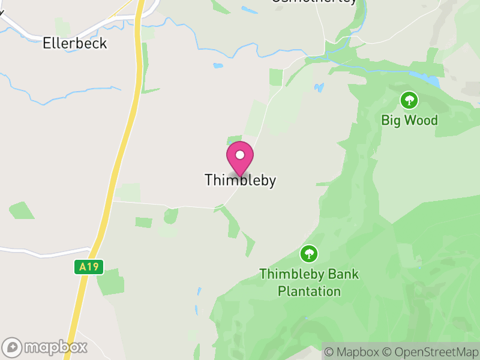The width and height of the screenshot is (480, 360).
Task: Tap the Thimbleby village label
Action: tap(240, 180)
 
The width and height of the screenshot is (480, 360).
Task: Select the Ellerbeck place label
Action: tap(75, 43)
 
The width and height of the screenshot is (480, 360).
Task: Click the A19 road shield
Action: tap(89, 267)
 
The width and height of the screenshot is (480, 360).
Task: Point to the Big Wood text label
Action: tap(409, 120)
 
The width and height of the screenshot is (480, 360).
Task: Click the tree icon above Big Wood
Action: tap(409, 100)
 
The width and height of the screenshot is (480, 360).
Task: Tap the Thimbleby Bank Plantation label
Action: tap(309, 283)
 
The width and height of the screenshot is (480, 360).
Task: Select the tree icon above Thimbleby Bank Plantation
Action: tap(309, 254)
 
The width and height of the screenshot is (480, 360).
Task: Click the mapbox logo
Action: tap(46, 347)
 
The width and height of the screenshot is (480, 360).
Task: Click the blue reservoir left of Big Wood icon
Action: tap(425, 79)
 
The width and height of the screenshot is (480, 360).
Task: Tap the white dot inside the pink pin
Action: tap(240, 155)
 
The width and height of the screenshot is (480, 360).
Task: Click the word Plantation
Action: tap(309, 291)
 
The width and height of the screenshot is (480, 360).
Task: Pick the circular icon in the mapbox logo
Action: tap(12, 347)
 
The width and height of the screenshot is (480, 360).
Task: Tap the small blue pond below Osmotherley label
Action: tap(246, 10)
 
